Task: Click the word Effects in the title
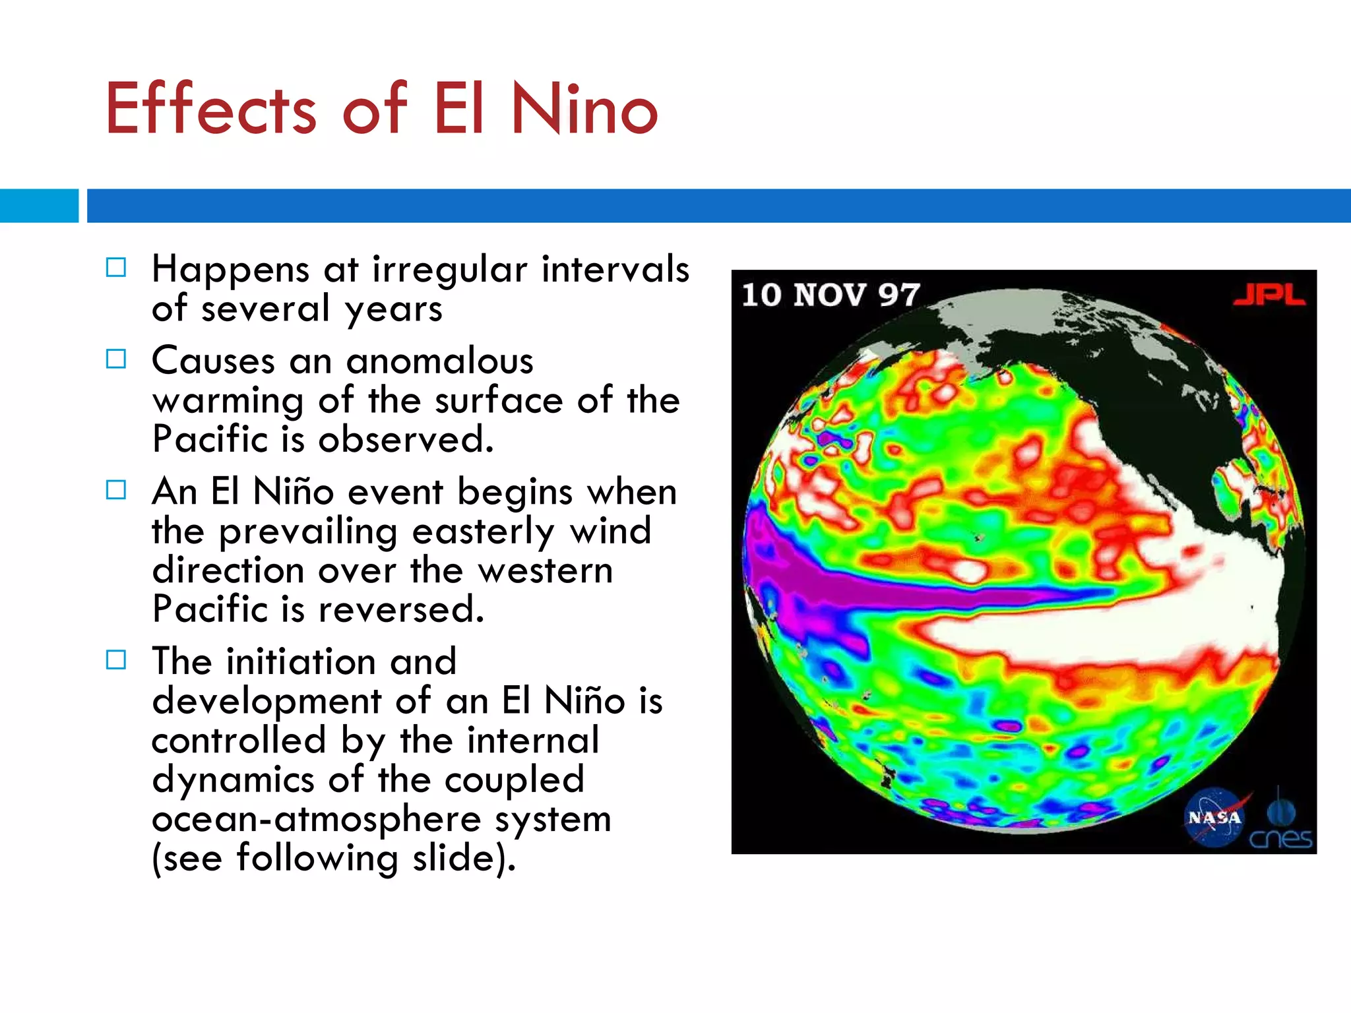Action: [x=210, y=109]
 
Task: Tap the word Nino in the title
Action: [x=584, y=109]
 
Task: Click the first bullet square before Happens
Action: [x=116, y=267]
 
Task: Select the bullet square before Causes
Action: [x=116, y=359]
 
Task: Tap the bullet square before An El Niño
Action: [x=116, y=489]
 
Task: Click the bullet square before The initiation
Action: [x=116, y=660]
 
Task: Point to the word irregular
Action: [x=450, y=270]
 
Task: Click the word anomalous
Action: [x=439, y=361]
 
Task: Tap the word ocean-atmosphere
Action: [x=317, y=819]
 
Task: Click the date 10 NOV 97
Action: [x=831, y=295]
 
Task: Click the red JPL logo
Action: [x=1269, y=295]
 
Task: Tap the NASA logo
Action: [x=1214, y=818]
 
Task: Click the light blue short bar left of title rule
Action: [x=39, y=206]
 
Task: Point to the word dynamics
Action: [x=233, y=780]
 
